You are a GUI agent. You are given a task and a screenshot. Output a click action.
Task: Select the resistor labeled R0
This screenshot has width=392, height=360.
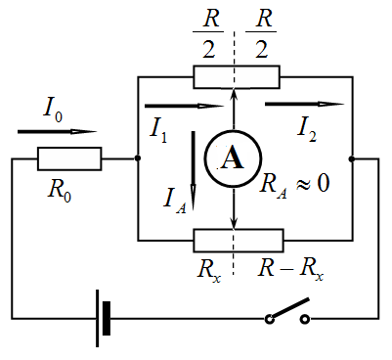coord(69,158)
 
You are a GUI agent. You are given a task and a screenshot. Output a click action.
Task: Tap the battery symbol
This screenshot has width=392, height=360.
coord(103,318)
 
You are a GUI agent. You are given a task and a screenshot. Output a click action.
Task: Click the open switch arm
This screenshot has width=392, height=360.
coord(289,307)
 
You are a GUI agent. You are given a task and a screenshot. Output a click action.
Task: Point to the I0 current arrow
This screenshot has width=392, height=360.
coord(58,132)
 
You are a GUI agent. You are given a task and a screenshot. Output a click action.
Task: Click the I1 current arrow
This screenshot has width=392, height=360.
coord(185,106)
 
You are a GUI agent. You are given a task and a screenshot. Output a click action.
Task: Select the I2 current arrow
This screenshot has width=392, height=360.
coord(305,104)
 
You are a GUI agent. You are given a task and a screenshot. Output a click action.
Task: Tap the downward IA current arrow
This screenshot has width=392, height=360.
coord(194,170)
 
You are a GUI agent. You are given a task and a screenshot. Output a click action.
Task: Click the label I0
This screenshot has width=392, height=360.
coord(53,110)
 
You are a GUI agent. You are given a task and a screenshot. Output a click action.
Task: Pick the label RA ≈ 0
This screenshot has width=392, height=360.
coord(294,185)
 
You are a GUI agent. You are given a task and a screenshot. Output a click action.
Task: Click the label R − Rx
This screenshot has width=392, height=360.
coord(290,271)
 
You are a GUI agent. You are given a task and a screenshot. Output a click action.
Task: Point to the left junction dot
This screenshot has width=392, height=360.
coord(138,158)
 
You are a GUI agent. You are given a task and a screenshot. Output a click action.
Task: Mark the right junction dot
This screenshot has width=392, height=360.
coord(351,159)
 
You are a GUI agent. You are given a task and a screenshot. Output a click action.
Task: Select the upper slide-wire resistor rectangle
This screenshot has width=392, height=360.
coord(237,77)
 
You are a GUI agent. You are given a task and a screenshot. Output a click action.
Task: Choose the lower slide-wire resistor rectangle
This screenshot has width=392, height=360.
coord(239,241)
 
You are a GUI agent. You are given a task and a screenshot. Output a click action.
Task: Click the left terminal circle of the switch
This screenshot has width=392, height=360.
coord(269,319)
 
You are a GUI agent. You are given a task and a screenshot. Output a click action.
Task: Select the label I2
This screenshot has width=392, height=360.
coord(307,130)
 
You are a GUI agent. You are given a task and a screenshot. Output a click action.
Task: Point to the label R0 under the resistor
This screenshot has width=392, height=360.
coord(60,191)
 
